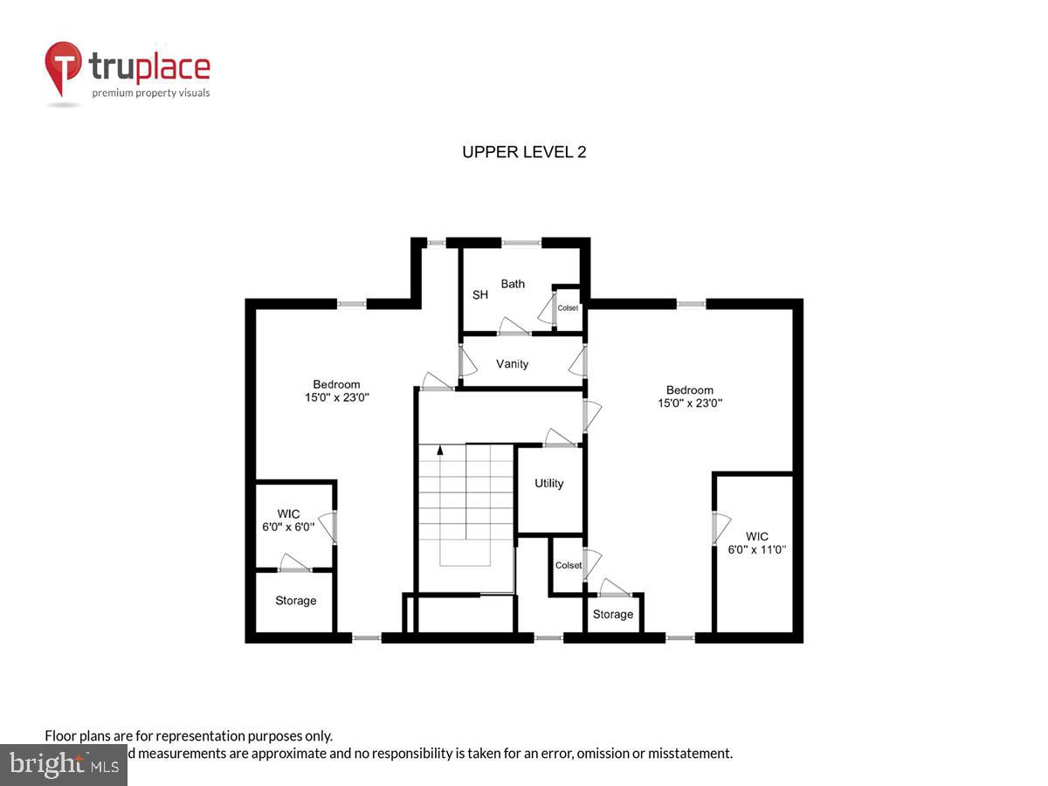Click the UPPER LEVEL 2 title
524,152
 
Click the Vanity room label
512,363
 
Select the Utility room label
549,483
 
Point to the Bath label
513,284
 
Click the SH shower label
480,295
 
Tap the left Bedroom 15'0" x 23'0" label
336,390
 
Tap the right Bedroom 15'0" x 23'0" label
690,396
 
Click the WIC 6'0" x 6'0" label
289,521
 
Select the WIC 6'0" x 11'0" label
757,542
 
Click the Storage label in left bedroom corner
296,601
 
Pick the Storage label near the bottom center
613,614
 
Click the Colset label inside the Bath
569,307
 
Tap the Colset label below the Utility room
569,565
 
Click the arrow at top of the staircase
440,451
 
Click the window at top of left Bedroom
352,304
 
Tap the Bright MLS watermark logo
63,764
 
